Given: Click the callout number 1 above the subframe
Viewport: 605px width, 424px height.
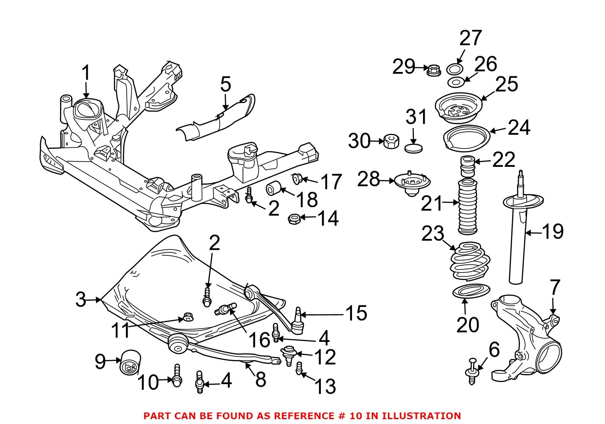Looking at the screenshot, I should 86,73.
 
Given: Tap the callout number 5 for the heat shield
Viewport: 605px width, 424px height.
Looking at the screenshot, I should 225,84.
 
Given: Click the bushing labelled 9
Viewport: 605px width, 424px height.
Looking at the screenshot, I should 129,363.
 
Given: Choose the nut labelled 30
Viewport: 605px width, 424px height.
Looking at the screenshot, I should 391,141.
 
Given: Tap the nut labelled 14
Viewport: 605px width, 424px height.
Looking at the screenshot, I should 293,218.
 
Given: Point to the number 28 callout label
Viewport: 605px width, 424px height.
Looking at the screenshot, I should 368,179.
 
